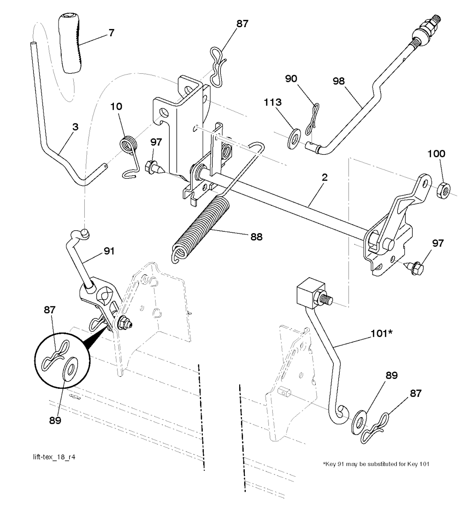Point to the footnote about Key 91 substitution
[x=376, y=464]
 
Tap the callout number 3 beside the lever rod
[x=75, y=127]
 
